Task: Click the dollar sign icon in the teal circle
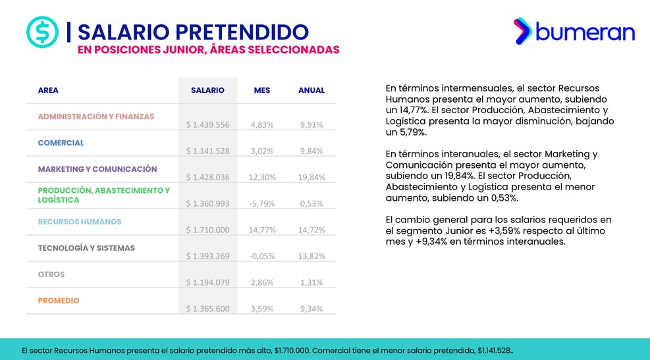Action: [42, 32]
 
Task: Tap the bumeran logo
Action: [574, 31]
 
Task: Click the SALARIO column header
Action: [207, 90]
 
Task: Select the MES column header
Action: [262, 90]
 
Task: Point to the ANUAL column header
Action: [311, 90]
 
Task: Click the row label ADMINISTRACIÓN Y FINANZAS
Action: [96, 116]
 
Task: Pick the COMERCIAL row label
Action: [61, 143]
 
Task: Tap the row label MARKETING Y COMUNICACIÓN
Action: [97, 169]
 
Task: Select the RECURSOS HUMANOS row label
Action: [80, 222]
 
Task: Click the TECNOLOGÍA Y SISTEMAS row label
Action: [86, 248]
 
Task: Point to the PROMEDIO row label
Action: [59, 301]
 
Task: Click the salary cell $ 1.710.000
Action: [207, 230]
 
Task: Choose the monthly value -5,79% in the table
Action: [262, 204]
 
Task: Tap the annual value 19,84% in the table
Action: [311, 177]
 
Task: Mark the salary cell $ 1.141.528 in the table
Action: [207, 151]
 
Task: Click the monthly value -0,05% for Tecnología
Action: [262, 257]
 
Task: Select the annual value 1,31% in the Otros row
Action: [311, 282]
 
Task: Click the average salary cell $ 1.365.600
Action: [207, 309]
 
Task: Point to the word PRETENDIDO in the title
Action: [242, 32]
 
